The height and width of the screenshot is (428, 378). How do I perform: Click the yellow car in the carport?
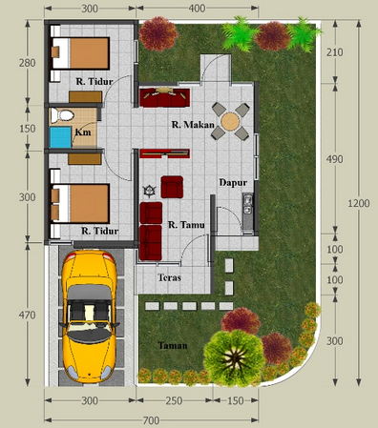point(89,316)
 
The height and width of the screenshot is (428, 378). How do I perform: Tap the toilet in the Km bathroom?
point(62,114)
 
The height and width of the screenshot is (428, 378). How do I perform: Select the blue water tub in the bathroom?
point(60,137)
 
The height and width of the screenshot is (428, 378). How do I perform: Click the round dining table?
point(230,121)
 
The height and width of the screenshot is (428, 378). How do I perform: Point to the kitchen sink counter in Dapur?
point(248,212)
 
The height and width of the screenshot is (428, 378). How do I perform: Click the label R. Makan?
point(193,125)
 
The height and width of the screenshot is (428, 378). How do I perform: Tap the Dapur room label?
point(233,183)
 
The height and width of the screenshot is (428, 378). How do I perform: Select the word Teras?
point(170,277)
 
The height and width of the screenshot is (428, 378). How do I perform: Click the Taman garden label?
point(173,345)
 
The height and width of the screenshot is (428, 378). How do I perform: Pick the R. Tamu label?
point(186,225)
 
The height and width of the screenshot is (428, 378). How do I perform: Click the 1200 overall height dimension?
point(359,203)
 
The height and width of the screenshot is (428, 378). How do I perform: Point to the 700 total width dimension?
point(151,420)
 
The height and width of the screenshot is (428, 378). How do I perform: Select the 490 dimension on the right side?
point(334,159)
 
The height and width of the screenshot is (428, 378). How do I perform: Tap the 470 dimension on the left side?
point(28,316)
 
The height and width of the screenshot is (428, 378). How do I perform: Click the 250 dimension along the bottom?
point(174,400)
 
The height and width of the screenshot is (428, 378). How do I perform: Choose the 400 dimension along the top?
point(197,9)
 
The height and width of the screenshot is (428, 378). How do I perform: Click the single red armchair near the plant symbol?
point(172,187)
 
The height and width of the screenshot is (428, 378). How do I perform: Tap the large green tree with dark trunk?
point(234,357)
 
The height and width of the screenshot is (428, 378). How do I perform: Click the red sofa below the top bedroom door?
point(164,97)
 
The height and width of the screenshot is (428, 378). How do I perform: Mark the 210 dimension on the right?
point(334,52)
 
